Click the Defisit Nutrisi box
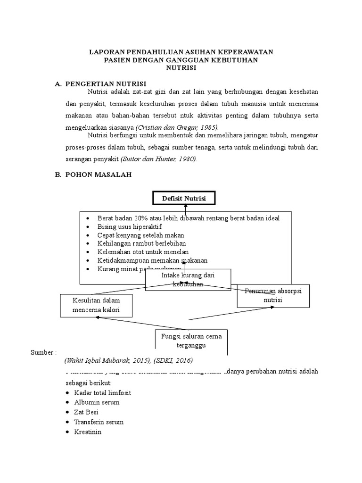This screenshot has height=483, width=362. pos(184,199)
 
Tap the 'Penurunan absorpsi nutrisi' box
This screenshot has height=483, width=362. pos(272,295)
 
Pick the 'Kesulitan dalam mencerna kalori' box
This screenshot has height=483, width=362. pos(96,305)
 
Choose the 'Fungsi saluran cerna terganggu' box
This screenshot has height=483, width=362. pos(188,341)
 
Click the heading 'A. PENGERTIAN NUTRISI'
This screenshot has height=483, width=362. pos(100,83)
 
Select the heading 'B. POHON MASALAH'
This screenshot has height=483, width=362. pos(94,175)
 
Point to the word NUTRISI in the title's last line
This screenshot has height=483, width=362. pos(181,68)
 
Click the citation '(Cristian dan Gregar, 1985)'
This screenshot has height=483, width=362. pos(177,128)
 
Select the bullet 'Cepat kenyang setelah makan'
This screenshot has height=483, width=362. pos(140,235)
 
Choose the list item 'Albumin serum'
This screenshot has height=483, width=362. pos(97,402)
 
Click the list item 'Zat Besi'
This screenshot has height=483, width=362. pos(86,412)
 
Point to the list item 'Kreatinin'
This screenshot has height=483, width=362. pos(88,432)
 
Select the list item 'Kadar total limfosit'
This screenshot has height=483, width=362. pos(102,392)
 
